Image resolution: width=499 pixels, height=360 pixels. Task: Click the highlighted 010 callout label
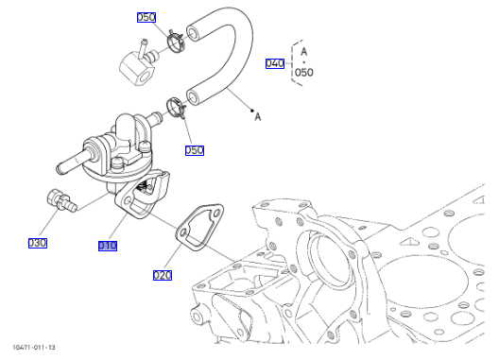click(108, 246)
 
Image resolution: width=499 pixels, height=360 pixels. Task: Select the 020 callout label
click(163, 275)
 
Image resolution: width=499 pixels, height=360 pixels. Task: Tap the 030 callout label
click(38, 243)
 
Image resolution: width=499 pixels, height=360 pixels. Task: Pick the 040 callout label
click(275, 63)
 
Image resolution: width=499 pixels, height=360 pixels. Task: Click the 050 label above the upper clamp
click(146, 17)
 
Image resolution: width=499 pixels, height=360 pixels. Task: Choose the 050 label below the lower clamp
click(195, 150)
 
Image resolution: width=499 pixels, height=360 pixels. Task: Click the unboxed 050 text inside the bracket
click(304, 73)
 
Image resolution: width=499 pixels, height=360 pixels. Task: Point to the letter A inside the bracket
click(304, 52)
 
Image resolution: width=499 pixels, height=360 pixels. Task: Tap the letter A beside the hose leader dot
click(258, 117)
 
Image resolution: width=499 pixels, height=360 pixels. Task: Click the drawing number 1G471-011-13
click(34, 348)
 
